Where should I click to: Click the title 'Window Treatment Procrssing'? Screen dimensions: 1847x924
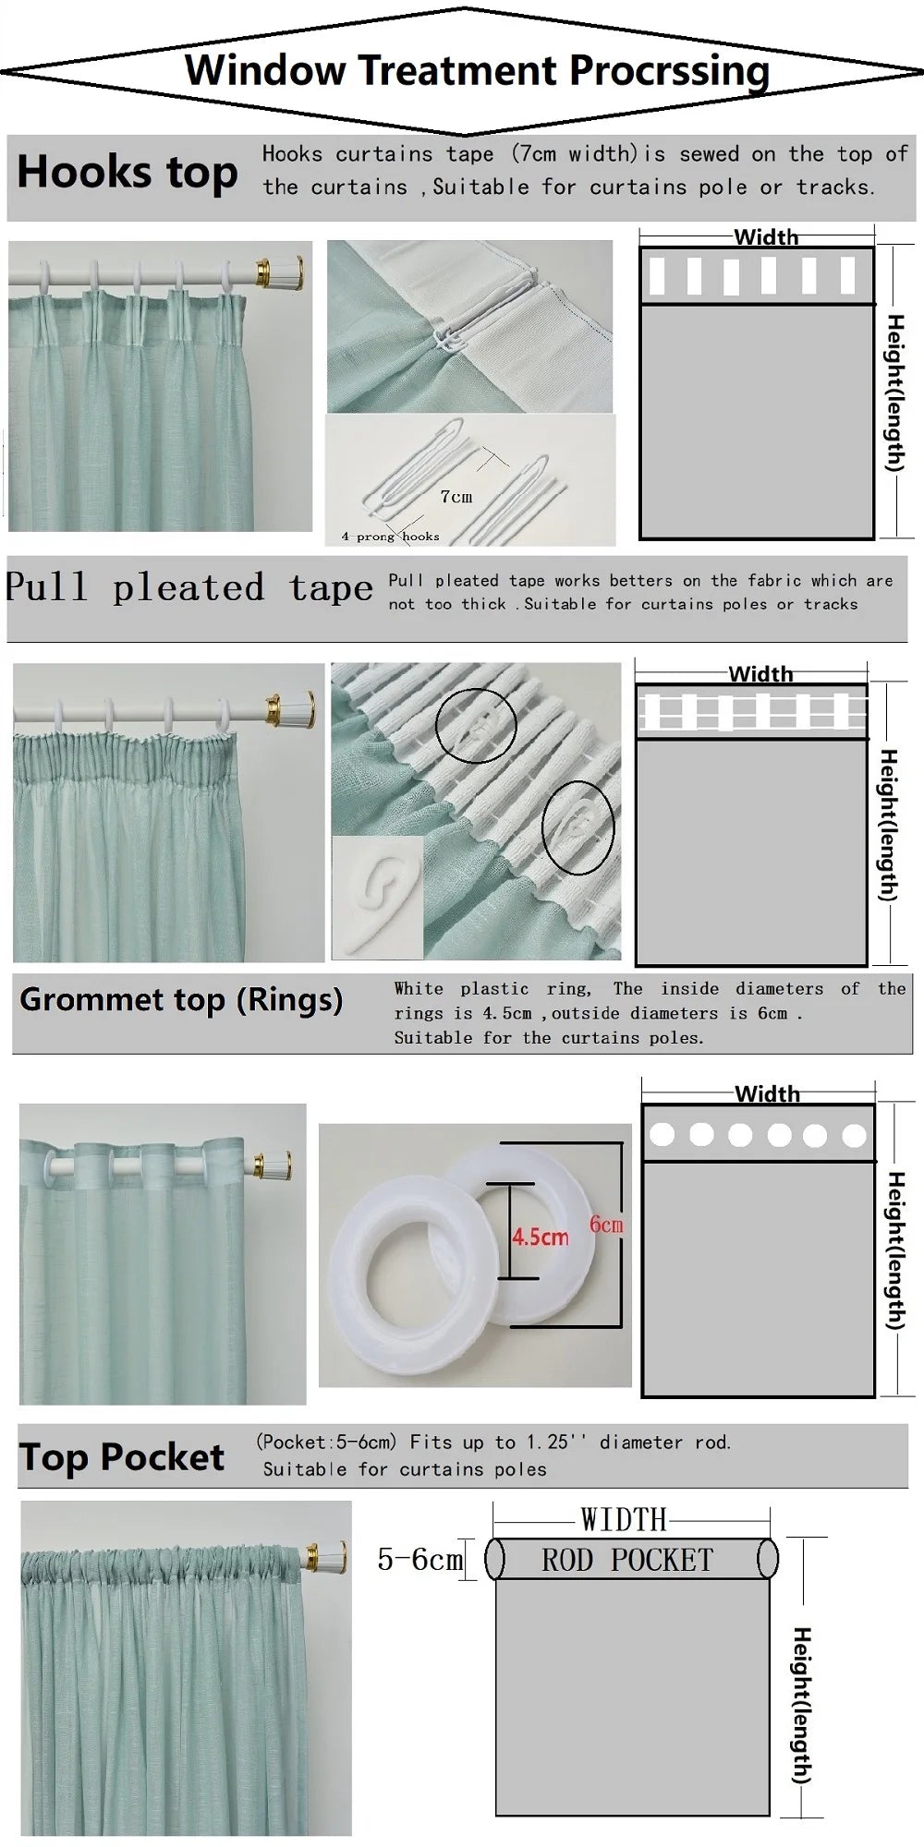(x=476, y=71)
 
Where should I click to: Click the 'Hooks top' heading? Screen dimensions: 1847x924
(x=128, y=173)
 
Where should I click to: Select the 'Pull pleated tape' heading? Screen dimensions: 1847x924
(x=188, y=588)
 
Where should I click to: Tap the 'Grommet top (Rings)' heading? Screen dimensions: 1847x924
(x=181, y=1000)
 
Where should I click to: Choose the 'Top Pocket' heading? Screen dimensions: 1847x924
(x=122, y=1456)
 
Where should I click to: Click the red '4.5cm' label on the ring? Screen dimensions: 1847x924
(x=541, y=1236)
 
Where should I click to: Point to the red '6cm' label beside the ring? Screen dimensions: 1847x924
(x=606, y=1225)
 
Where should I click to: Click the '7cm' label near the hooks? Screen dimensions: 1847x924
(x=456, y=497)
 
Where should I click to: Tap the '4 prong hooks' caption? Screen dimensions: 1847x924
(x=390, y=537)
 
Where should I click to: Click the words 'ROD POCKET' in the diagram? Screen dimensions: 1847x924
(x=627, y=1560)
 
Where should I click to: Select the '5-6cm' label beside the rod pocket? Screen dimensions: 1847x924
(x=419, y=1559)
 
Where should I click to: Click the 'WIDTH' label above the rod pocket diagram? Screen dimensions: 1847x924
(x=624, y=1519)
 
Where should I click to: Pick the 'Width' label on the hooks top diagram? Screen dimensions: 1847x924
(x=766, y=237)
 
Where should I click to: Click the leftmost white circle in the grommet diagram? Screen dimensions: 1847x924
(x=662, y=1134)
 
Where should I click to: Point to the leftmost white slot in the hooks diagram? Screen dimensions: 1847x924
(x=658, y=275)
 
